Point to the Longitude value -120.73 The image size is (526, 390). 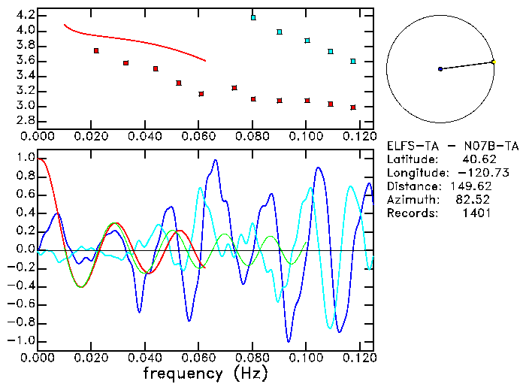[x=470, y=173]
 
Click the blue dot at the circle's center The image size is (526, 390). [x=440, y=69]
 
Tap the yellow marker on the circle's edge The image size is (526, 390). [x=493, y=62]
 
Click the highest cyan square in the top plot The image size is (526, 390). [x=253, y=17]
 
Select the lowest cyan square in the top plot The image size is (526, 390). [x=353, y=61]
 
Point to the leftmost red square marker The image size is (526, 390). [x=96, y=50]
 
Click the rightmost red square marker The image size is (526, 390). [x=353, y=107]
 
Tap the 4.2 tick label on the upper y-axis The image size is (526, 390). [x=25, y=15]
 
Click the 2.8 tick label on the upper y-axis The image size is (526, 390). [x=25, y=120]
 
